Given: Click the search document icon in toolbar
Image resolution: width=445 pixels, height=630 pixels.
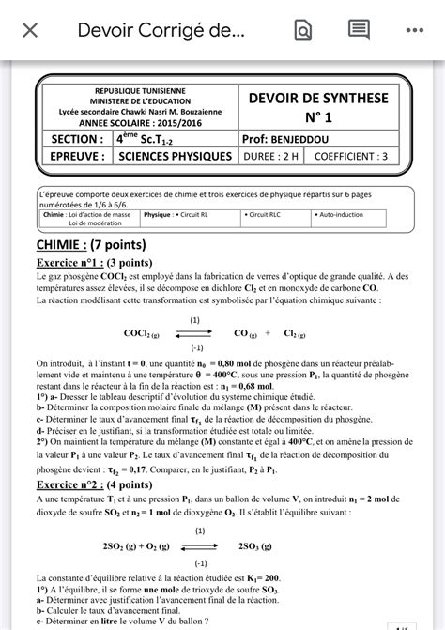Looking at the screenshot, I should (302, 31).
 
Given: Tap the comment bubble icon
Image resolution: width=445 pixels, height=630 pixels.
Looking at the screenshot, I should (359, 30).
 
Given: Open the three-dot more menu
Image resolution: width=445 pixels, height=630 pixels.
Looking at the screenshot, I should (415, 30).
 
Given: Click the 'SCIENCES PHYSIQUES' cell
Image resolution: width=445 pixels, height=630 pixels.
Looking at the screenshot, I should (176, 156).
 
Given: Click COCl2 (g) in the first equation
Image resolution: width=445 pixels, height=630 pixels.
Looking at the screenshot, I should (142, 332).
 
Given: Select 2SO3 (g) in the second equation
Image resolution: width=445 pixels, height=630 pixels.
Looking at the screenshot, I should (260, 545).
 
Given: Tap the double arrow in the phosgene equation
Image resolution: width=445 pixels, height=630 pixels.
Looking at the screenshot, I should (196, 332).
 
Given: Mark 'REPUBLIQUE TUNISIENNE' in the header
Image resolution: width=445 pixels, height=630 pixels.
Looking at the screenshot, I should (138, 91).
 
